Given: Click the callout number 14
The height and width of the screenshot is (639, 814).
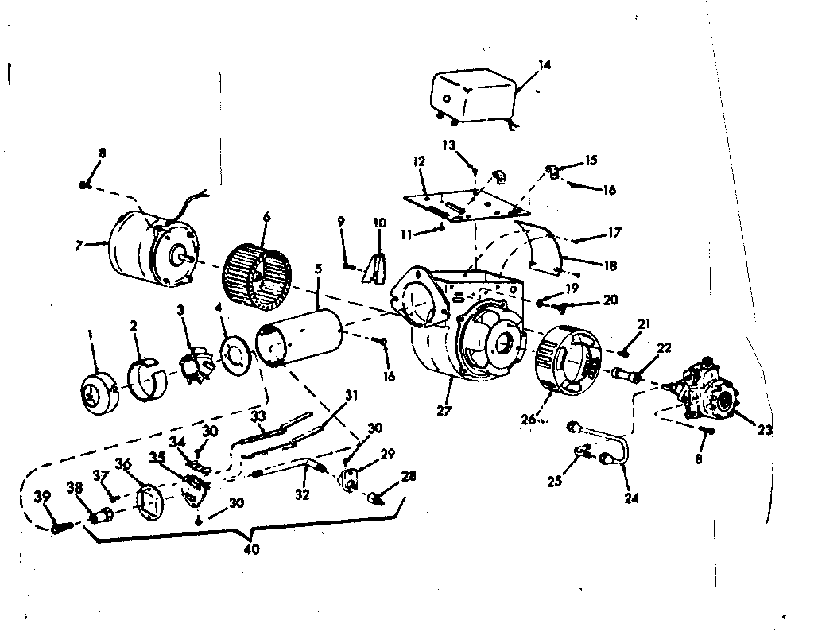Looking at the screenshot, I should click(x=544, y=64).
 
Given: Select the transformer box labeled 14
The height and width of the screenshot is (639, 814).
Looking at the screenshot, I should click(x=471, y=95).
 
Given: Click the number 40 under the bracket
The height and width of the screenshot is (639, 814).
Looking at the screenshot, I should click(x=252, y=549).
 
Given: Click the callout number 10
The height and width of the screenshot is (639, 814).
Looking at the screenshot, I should click(x=380, y=222).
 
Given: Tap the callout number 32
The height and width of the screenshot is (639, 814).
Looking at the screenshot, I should click(x=302, y=494).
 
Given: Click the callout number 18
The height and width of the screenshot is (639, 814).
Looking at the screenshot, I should click(x=610, y=266).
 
